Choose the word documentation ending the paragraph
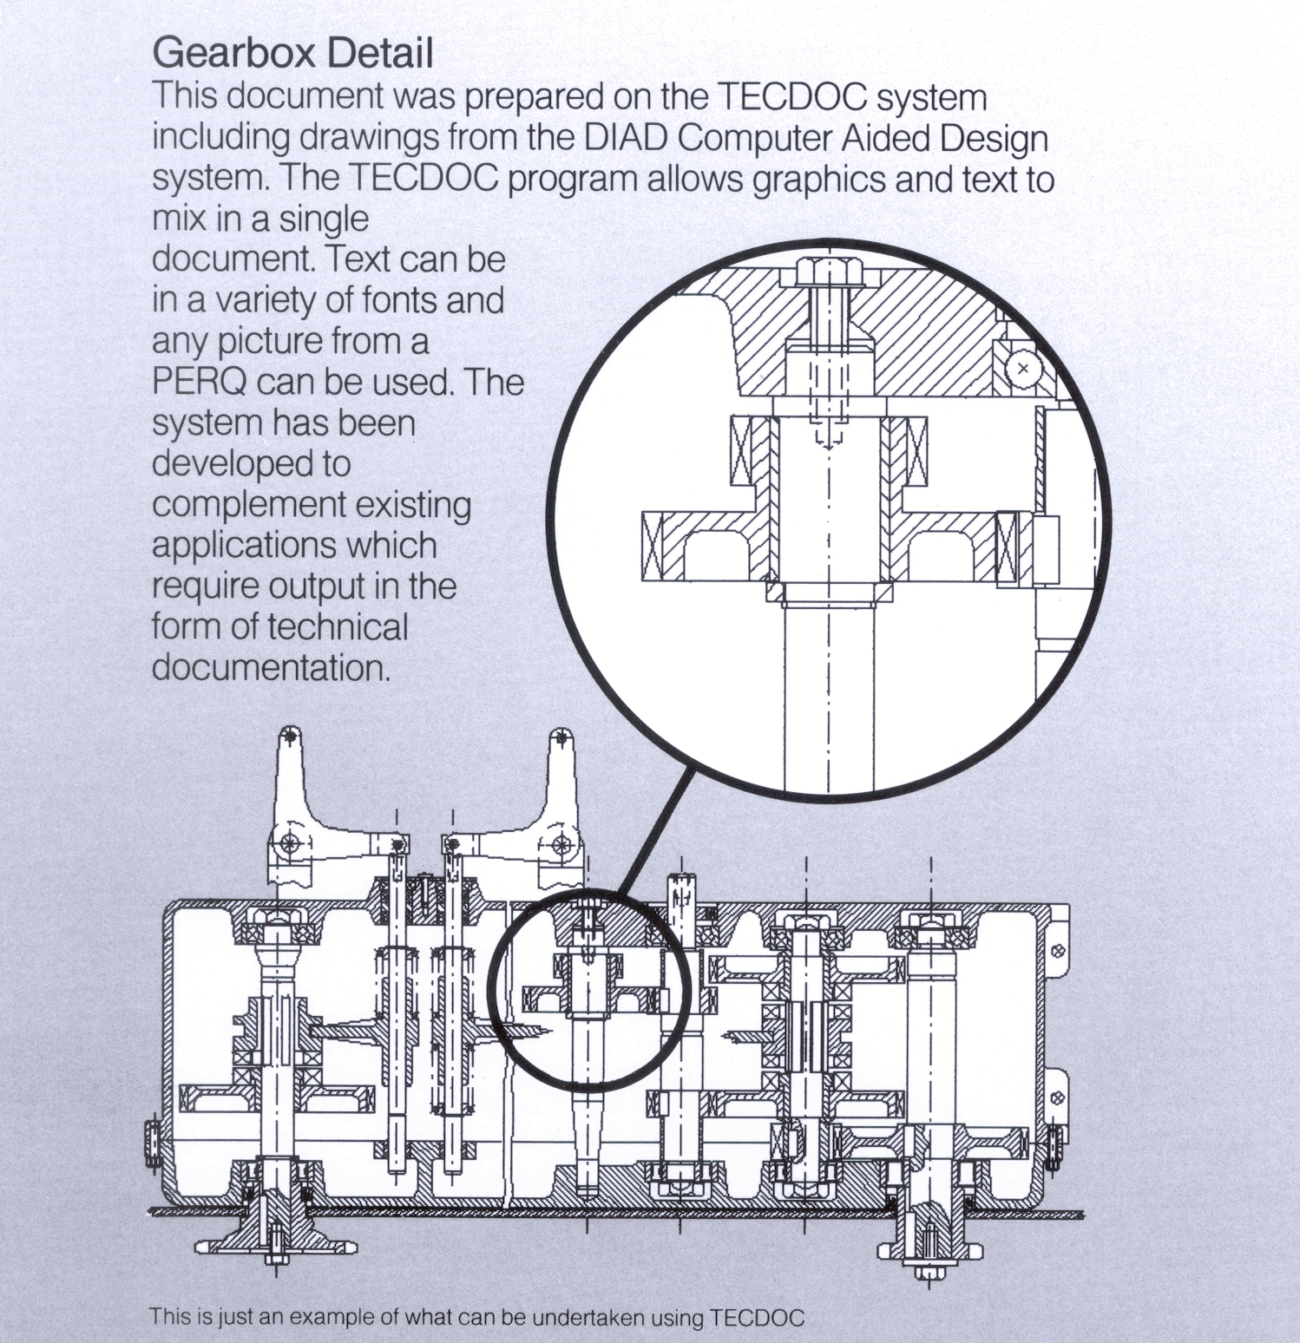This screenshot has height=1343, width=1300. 271,668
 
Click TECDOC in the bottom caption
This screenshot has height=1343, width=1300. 757,1317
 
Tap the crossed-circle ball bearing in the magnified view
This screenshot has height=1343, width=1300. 1023,369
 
